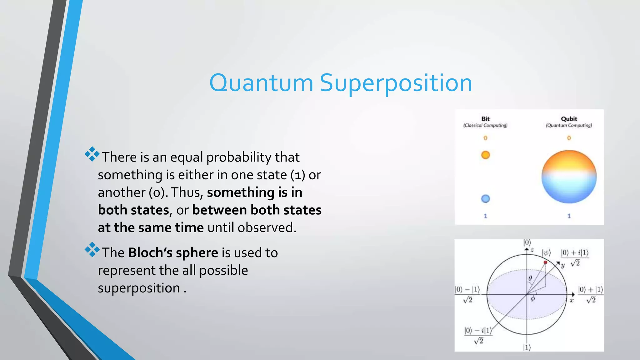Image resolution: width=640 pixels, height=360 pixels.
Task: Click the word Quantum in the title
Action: tap(261, 83)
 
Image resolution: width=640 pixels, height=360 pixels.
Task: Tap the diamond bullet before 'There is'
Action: tap(92, 154)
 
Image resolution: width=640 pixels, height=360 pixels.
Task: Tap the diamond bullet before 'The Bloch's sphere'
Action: tap(92, 250)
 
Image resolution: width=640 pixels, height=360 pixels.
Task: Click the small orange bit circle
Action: tap(485, 155)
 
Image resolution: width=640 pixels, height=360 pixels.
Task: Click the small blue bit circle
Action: tap(485, 199)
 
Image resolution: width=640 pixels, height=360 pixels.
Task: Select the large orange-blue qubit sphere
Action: tap(569, 177)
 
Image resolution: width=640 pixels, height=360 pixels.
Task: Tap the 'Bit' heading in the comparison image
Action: tap(485, 119)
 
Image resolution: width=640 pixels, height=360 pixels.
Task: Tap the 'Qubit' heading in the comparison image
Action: tap(569, 119)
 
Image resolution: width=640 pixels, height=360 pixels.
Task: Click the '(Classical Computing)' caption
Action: tap(485, 125)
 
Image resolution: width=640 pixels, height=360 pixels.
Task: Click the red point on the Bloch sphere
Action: tap(545, 262)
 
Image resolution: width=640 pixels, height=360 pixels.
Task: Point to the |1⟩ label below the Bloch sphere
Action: tap(527, 347)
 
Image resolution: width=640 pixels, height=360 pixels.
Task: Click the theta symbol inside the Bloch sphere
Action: tap(530, 278)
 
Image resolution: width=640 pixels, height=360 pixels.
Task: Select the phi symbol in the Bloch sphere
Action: tap(533, 299)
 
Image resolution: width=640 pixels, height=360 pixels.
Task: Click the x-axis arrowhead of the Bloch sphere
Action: tap(573, 294)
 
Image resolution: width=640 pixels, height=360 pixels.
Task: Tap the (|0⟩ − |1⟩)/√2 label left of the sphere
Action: tap(467, 294)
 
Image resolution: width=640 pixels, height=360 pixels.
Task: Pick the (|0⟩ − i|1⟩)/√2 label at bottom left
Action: tap(478, 335)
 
